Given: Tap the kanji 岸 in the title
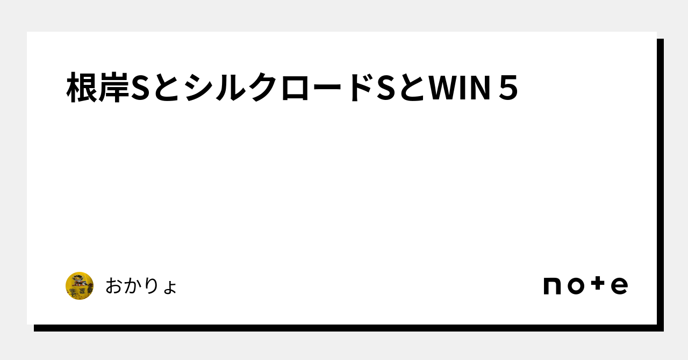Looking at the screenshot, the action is coord(113,88).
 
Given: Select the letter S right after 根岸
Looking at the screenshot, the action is coord(140,88).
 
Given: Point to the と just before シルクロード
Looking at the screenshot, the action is coord(167,88).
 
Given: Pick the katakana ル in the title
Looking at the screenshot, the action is coord(231,88).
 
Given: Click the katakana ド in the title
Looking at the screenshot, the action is coord(360,88).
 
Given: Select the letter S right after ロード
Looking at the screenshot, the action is coord(385,88).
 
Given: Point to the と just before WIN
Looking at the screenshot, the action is coord(412,88).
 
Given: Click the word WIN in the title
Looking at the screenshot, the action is coord(460,88).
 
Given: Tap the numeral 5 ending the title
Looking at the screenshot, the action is coord(508,88).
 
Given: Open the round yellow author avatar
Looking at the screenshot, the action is coord(80,286).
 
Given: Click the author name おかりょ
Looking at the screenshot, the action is coord(141,286).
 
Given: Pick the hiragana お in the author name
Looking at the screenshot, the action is coord(114,286).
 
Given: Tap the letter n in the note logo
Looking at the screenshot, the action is coord(552,286).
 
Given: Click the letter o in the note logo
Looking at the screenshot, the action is coord(576,286).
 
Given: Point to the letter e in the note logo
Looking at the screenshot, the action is coord(619,286).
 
